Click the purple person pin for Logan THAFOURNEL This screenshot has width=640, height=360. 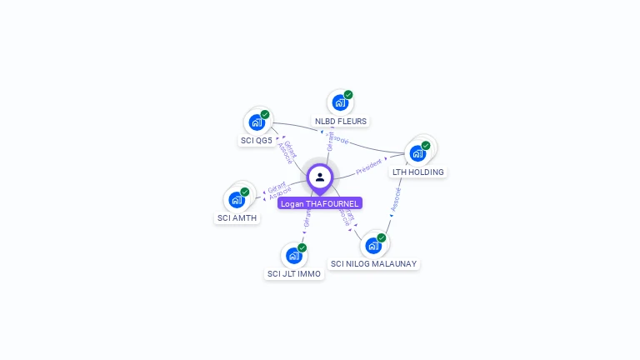(x=320, y=177)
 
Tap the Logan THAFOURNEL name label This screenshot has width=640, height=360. (x=320, y=203)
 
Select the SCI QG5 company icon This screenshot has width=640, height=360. (x=256, y=122)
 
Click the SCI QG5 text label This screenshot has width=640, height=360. (x=257, y=141)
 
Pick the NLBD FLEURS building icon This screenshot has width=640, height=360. (x=339, y=102)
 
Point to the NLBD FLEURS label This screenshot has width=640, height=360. (x=341, y=121)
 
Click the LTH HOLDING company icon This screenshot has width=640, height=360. (x=417, y=153)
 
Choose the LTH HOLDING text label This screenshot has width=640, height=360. (x=418, y=172)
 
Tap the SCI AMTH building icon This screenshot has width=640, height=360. (x=237, y=200)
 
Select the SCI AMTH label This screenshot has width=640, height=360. (x=237, y=218)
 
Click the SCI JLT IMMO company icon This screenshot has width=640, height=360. (x=293, y=255)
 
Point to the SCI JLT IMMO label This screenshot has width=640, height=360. (x=294, y=273)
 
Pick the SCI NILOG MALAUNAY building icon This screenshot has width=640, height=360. (x=372, y=245)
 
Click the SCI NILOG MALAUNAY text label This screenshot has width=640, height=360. (x=374, y=263)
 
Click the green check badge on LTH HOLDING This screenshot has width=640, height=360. (x=426, y=146)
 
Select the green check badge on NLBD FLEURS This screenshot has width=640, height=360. (x=348, y=95)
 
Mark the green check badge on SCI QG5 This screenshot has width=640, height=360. (x=265, y=115)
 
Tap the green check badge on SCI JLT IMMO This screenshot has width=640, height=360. (x=302, y=247)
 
